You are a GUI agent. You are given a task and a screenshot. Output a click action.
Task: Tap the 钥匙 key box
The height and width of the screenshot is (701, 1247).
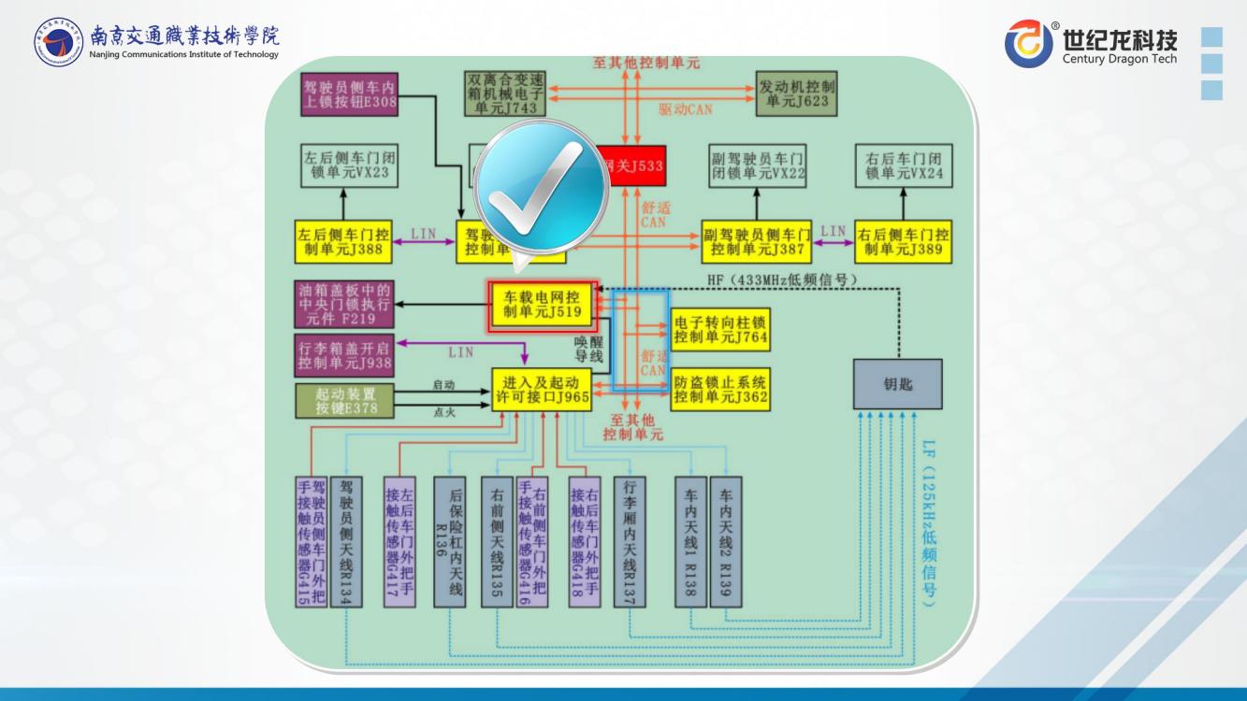point(897,383)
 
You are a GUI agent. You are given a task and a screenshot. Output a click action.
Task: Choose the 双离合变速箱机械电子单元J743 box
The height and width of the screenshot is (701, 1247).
point(505,93)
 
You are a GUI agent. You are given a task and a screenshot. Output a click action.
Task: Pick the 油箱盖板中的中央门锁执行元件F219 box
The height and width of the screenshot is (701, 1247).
point(343,304)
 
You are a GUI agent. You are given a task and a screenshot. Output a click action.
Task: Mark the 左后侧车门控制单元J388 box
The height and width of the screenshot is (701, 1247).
point(342,241)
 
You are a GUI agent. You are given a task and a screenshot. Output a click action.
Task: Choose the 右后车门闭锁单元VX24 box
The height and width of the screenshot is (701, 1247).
point(902,165)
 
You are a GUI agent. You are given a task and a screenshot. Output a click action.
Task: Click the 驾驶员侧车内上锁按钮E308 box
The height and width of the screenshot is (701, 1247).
point(349,93)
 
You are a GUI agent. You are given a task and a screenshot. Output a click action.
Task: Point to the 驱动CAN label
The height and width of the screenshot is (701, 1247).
point(685,109)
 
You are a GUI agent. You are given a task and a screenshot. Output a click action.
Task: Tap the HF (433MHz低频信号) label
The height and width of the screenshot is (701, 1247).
point(784,279)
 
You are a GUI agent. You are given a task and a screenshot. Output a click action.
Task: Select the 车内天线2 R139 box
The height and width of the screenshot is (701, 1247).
point(726,542)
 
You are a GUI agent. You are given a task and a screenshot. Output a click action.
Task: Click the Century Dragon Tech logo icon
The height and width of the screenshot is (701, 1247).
point(1028,44)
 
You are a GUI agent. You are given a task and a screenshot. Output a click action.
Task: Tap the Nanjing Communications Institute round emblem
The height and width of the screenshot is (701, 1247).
point(59,42)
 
